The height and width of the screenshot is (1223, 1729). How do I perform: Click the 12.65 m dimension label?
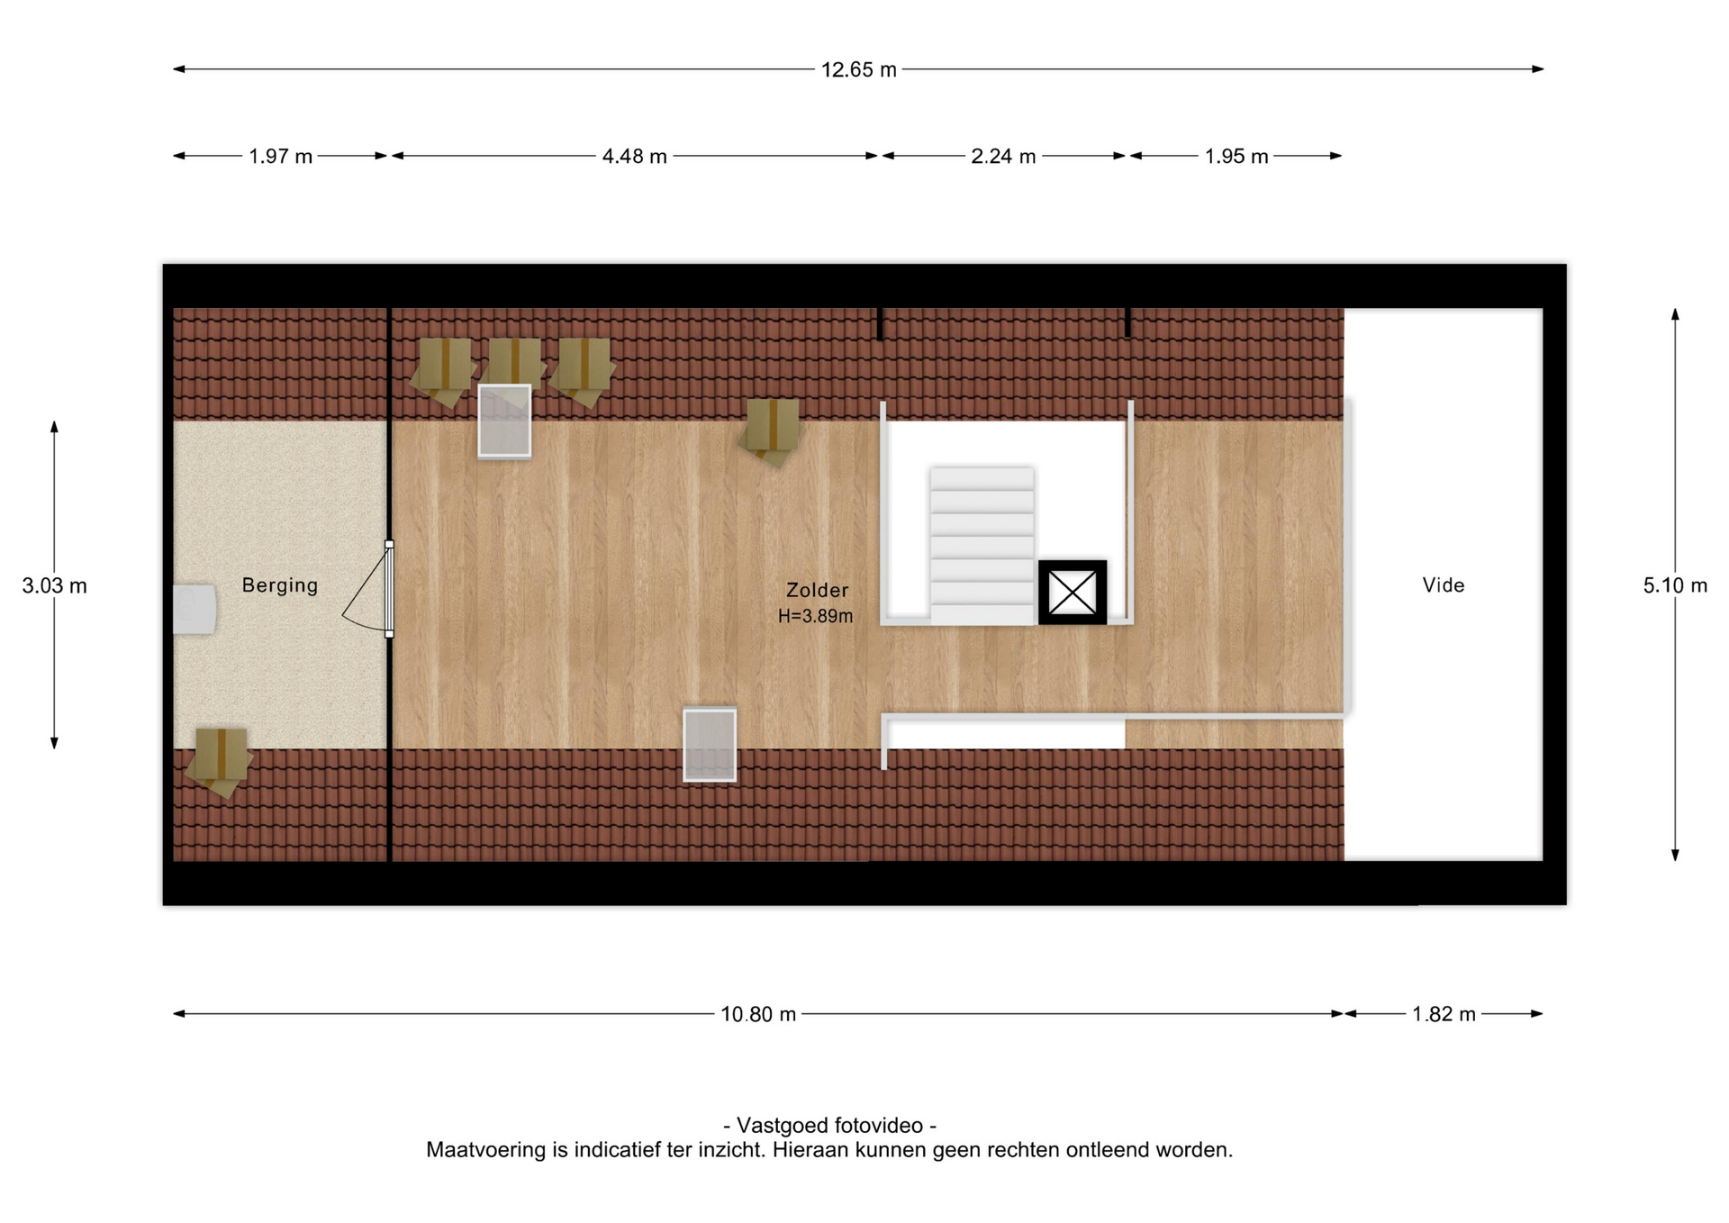click(x=858, y=70)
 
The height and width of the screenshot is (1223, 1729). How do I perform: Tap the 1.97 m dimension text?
click(x=280, y=157)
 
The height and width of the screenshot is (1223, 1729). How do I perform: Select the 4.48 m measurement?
click(x=634, y=157)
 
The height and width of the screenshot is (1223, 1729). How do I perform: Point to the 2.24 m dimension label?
click(x=1002, y=157)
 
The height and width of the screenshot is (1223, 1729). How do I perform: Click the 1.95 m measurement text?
click(x=1236, y=157)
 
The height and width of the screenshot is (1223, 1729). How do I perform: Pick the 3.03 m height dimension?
click(x=54, y=586)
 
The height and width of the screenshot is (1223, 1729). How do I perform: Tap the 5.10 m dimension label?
click(x=1675, y=586)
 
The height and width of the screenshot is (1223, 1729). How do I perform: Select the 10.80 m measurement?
click(x=758, y=1015)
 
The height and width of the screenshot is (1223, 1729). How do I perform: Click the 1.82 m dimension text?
click(x=1444, y=1015)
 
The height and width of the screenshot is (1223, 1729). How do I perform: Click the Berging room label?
click(x=280, y=586)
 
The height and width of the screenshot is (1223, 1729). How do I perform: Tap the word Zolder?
click(x=817, y=591)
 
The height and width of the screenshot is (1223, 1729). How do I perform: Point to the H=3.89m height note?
click(x=815, y=617)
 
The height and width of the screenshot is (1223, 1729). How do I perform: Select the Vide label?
click(x=1444, y=585)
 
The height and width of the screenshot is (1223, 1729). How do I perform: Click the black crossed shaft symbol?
click(x=1073, y=593)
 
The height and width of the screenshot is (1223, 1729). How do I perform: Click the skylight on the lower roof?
click(x=710, y=745)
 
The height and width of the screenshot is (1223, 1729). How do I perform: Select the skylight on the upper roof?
click(x=504, y=421)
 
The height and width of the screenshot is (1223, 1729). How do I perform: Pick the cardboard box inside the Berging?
click(x=219, y=759)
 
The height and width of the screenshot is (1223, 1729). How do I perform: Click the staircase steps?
click(x=982, y=546)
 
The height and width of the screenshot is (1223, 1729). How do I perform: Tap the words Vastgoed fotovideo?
click(x=829, y=1126)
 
